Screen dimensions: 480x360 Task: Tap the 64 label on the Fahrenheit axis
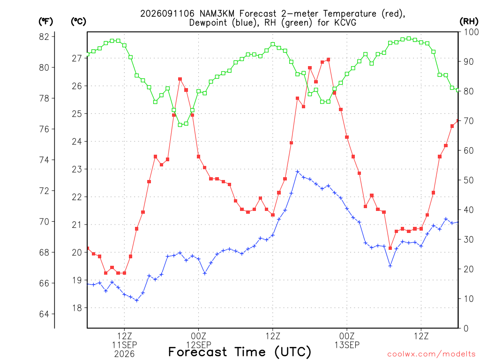click(x=44, y=314)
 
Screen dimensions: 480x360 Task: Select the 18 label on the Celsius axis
click(x=77, y=308)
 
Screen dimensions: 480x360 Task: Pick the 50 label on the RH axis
click(x=469, y=180)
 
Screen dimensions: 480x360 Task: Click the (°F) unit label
click(x=45, y=22)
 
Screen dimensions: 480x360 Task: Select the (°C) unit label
click(x=78, y=22)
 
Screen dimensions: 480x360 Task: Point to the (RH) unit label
click(x=469, y=22)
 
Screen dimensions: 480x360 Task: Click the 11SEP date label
click(x=124, y=345)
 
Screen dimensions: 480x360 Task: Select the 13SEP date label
click(x=347, y=345)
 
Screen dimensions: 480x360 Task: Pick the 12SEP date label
click(x=198, y=345)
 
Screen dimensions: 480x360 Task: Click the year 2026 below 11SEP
click(x=124, y=354)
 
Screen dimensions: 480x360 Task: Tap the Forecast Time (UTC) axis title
click(x=240, y=352)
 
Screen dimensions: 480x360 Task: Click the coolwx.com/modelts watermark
click(x=431, y=354)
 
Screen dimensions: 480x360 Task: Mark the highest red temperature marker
click(x=328, y=60)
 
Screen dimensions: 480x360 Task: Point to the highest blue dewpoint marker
click(x=297, y=172)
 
